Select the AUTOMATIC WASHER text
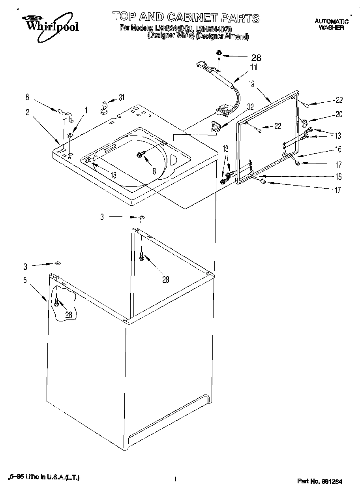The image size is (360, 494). pos(331,24)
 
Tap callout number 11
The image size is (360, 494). pos(253,67)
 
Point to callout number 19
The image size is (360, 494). pos(251,84)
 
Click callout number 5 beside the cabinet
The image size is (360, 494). pos(25,280)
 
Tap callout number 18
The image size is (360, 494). pos(113,175)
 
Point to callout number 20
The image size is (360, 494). pos(338,115)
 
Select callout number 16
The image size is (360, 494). pos(338,149)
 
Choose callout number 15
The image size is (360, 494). pos(338,177)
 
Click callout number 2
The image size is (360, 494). pos(27,112)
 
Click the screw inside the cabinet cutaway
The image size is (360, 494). pos(57,302)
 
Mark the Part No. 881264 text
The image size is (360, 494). pos(319,481)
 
